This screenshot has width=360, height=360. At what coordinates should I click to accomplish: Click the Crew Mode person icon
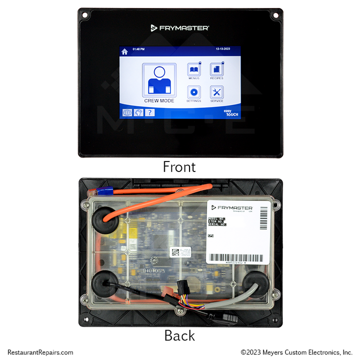159,80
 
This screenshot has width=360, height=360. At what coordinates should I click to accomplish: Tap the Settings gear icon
193,92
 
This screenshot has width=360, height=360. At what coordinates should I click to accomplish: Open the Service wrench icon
216,92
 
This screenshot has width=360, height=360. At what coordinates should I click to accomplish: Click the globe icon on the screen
127,112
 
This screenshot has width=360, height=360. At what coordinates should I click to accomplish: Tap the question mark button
149,112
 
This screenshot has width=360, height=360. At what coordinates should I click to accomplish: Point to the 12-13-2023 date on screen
224,49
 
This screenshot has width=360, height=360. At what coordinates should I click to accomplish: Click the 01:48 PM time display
138,49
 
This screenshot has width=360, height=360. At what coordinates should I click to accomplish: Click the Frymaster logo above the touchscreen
180,28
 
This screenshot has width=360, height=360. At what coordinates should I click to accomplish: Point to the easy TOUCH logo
230,112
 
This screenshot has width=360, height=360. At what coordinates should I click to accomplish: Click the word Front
179,167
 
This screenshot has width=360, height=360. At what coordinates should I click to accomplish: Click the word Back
179,335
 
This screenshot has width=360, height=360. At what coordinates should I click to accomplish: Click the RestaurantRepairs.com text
40,352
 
